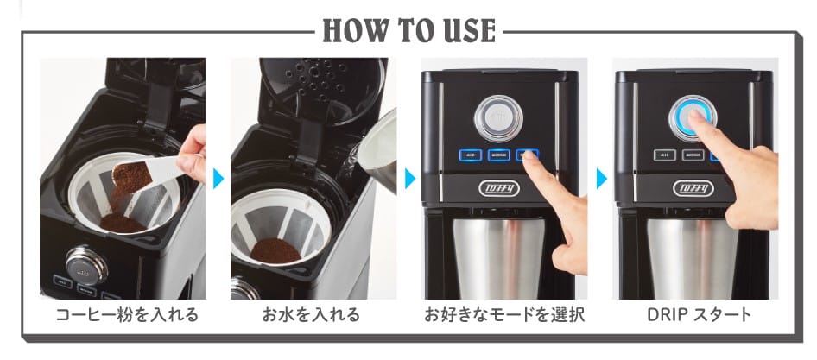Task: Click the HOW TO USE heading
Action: coord(408,30)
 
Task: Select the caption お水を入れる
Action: coord(311,314)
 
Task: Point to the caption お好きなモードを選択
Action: coord(504,314)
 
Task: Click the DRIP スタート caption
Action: coord(698,314)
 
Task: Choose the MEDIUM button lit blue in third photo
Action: coord(498,156)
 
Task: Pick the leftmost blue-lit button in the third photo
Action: coord(470,156)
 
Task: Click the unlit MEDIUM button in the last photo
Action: coord(691,156)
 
